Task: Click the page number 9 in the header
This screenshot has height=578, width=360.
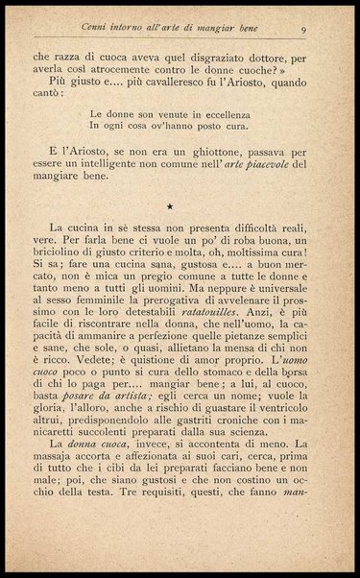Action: [302, 30]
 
